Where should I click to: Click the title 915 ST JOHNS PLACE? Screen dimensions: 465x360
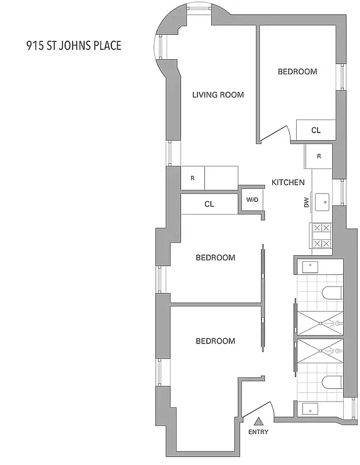point(74,45)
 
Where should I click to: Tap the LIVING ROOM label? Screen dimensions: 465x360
point(218,95)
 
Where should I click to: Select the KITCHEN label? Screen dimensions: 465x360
point(288,183)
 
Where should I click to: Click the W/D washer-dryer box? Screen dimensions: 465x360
point(252,200)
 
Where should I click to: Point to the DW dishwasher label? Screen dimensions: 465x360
point(306,202)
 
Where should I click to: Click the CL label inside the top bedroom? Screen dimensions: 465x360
point(315,130)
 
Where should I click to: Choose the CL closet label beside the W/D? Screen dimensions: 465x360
point(209,205)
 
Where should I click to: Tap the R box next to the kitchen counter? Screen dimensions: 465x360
point(319,156)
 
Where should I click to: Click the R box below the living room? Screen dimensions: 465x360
point(192,178)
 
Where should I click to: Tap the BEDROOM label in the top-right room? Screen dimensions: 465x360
point(297,72)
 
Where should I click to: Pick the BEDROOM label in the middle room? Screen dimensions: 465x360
point(215,257)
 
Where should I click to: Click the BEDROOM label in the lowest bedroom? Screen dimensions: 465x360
point(215,341)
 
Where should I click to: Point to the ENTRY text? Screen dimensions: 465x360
point(258,432)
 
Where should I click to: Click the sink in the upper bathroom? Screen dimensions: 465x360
point(309,267)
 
